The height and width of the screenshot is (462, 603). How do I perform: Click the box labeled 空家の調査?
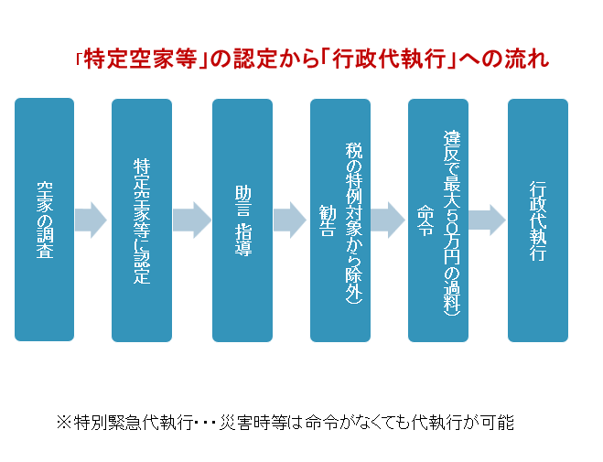(x=45, y=220)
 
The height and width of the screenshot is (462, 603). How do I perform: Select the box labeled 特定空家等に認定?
(x=142, y=220)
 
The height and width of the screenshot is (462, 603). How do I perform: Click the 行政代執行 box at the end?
(x=538, y=220)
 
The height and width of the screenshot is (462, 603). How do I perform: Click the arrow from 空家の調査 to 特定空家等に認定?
(x=91, y=220)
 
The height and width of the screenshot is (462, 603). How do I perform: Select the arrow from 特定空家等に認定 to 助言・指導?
(x=191, y=220)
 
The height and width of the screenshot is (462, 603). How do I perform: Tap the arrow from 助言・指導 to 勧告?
(x=289, y=220)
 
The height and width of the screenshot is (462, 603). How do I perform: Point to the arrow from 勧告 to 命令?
(x=388, y=220)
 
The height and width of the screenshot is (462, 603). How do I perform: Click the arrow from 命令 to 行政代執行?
(x=487, y=220)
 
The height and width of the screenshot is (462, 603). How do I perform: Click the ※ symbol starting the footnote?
(x=63, y=423)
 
